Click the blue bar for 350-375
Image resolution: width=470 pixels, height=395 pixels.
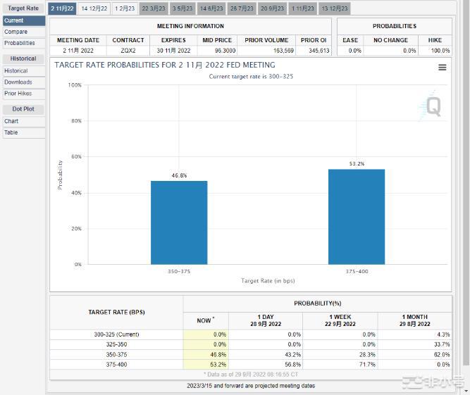[x=179, y=222]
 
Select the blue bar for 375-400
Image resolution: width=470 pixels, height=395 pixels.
[x=357, y=217]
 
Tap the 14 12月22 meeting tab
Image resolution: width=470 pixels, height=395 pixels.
[x=94, y=8]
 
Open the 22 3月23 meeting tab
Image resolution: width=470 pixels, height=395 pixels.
[x=153, y=8]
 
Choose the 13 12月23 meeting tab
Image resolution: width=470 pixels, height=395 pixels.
[x=334, y=8]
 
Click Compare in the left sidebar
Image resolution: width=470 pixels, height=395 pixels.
[x=16, y=32]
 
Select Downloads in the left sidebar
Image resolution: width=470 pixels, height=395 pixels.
[x=18, y=82]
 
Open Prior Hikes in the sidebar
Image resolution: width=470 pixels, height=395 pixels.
[x=18, y=94]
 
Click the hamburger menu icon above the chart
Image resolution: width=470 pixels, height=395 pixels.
[x=442, y=68]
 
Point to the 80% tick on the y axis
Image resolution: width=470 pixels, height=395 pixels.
[x=74, y=121]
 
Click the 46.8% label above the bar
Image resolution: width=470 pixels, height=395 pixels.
[x=179, y=175]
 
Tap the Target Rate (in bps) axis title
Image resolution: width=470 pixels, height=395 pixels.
[x=268, y=281]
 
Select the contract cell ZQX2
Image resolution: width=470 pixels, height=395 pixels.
[x=128, y=51]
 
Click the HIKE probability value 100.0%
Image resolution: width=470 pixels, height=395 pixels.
[x=440, y=51]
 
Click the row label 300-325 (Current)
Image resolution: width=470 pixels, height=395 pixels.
[x=116, y=334]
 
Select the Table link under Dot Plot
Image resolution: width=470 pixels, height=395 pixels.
[x=11, y=132]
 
